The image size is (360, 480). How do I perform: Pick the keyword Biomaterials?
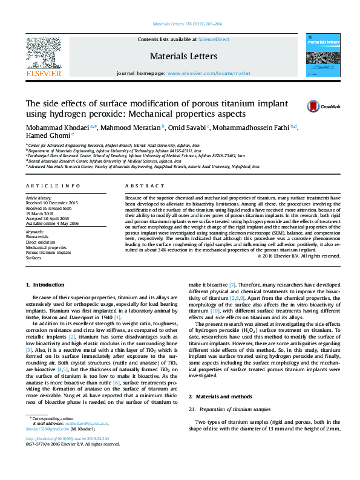coord(37,236)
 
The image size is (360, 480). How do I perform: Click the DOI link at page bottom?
coord(68,455)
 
